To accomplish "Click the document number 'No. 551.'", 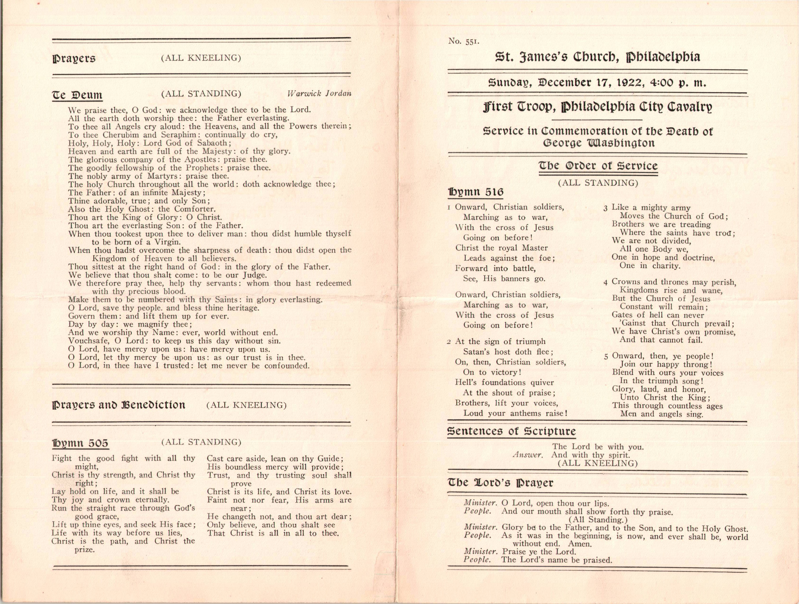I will coord(464,41).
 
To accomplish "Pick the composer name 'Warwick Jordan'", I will coord(319,94).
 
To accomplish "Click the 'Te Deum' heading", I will coord(77,95).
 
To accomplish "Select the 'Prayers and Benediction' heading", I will coord(119,405).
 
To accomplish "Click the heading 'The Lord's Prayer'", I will coord(500,483).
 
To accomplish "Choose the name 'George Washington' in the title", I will coord(599,143).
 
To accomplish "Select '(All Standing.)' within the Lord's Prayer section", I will coord(598,519).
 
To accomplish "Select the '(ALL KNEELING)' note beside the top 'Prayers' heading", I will coord(201,58).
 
